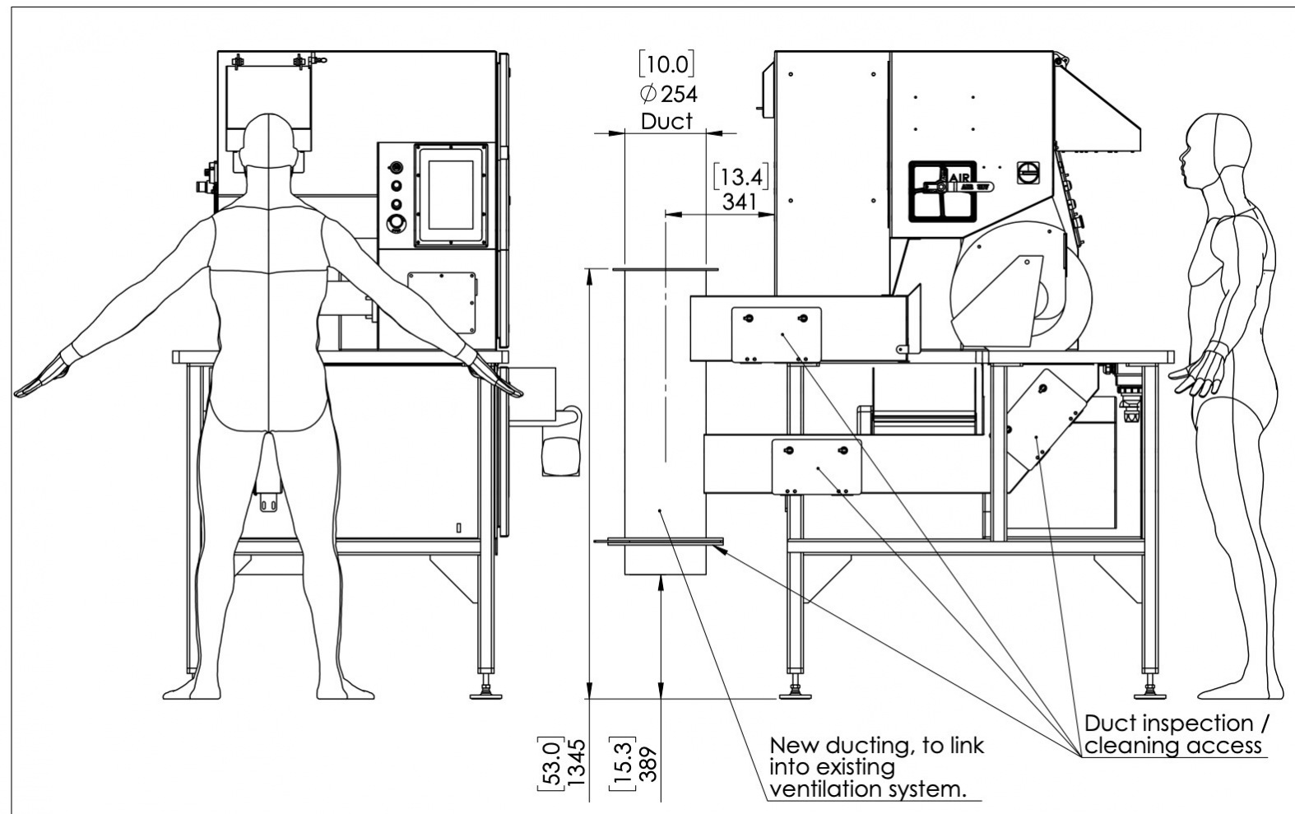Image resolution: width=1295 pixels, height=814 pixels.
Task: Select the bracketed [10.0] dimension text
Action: point(666,64)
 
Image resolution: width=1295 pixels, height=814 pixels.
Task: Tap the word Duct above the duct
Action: point(666,121)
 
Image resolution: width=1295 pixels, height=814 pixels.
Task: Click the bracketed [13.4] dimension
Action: point(740,176)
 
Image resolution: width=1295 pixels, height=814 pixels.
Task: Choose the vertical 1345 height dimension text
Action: point(577,761)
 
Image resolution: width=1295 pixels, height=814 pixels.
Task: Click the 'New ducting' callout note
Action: point(876,767)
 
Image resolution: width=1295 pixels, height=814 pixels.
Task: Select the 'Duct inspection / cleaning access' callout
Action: point(1176,734)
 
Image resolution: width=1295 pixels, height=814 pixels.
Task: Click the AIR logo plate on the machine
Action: point(942,191)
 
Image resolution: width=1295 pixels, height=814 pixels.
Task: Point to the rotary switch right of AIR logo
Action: point(1029,172)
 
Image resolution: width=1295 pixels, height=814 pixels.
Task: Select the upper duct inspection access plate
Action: point(777,334)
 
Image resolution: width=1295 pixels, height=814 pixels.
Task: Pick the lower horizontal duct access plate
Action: point(816,467)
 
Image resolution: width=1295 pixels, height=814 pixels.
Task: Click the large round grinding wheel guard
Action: point(1020,292)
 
